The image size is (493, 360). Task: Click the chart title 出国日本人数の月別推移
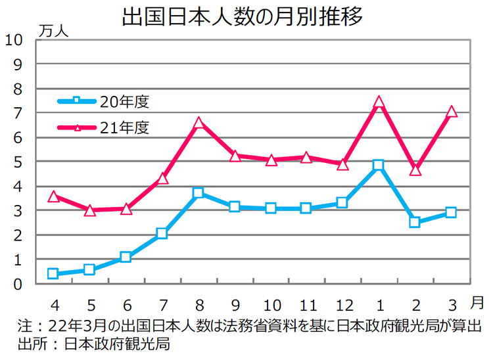(243, 16)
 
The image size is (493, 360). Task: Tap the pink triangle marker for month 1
(378, 103)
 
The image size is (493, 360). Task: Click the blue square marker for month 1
(378, 165)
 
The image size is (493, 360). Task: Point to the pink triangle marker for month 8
(199, 123)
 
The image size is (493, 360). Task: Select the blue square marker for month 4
(53, 273)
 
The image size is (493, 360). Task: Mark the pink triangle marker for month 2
(414, 170)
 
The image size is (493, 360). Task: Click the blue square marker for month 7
(162, 233)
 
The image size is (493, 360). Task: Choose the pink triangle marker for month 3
(451, 112)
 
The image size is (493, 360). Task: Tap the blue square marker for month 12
(342, 203)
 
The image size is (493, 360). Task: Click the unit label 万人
(53, 30)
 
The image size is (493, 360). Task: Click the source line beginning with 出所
(95, 345)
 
